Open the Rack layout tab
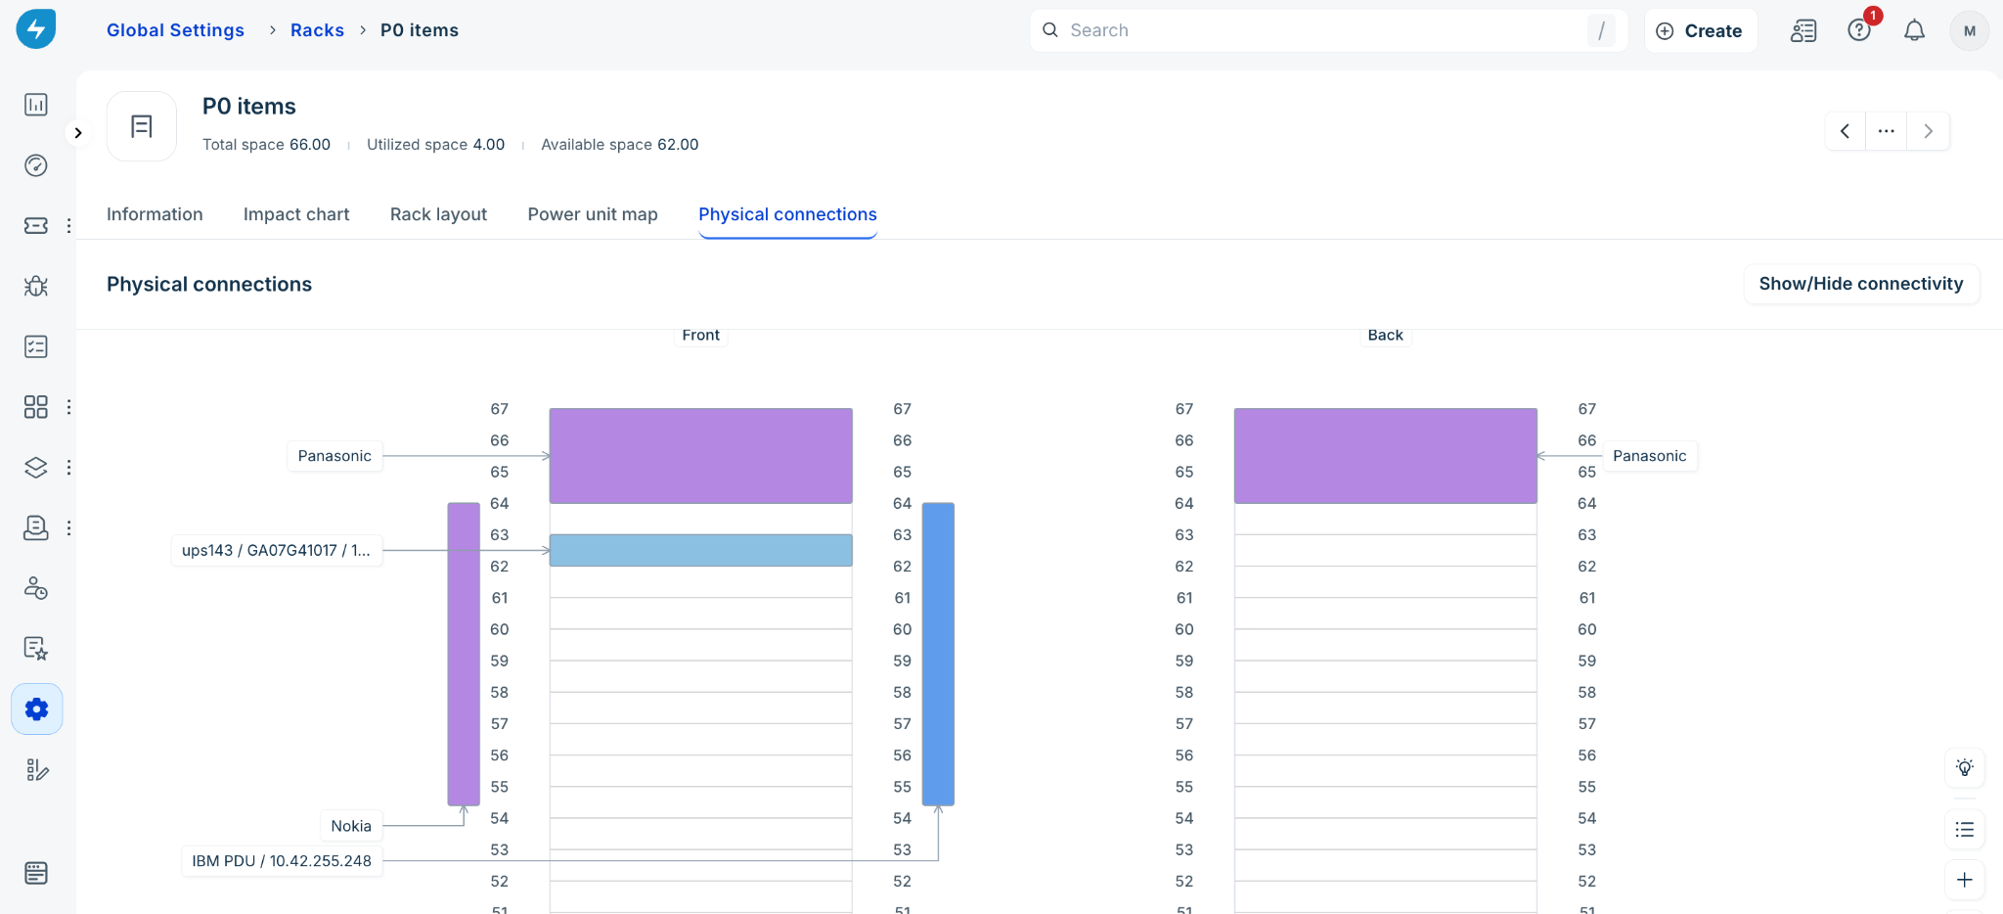click(438, 214)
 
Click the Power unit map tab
click(593, 214)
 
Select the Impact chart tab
click(296, 214)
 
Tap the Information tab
click(155, 214)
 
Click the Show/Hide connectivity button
click(1861, 284)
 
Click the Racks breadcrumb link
click(317, 30)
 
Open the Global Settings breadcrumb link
click(175, 30)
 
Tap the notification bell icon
click(1914, 30)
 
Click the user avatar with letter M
click(1970, 30)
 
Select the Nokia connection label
click(351, 826)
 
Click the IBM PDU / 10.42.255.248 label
click(282, 861)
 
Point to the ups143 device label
click(276, 550)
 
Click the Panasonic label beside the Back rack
click(1649, 456)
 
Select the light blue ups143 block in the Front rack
click(700, 550)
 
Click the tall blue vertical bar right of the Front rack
click(938, 654)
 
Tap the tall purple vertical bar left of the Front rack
click(464, 654)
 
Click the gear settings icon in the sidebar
click(37, 708)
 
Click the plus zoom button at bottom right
click(1964, 880)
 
